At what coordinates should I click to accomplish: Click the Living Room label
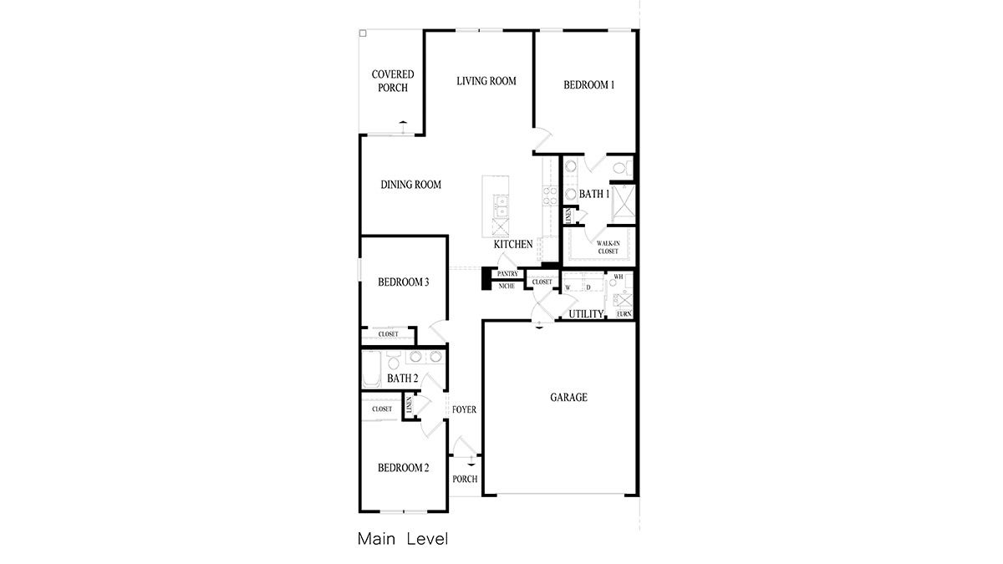click(486, 81)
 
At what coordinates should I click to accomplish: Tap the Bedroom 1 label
click(588, 84)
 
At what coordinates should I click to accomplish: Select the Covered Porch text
click(393, 81)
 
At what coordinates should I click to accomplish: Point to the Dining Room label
click(410, 185)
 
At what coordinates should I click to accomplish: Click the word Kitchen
click(513, 245)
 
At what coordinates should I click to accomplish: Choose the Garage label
click(568, 398)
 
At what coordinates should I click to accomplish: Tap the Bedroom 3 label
click(403, 282)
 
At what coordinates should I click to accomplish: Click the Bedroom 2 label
click(403, 468)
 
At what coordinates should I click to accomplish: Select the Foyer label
click(464, 409)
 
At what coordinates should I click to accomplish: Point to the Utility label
click(586, 314)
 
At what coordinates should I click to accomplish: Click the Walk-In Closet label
click(608, 246)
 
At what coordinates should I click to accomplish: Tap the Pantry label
click(507, 274)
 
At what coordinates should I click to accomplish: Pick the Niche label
click(507, 287)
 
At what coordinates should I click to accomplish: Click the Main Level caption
click(402, 539)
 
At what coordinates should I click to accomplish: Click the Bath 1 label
click(595, 194)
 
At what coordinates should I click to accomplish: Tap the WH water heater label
click(619, 277)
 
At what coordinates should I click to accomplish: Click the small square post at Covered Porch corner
click(363, 34)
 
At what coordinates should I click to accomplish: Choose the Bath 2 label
click(402, 379)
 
